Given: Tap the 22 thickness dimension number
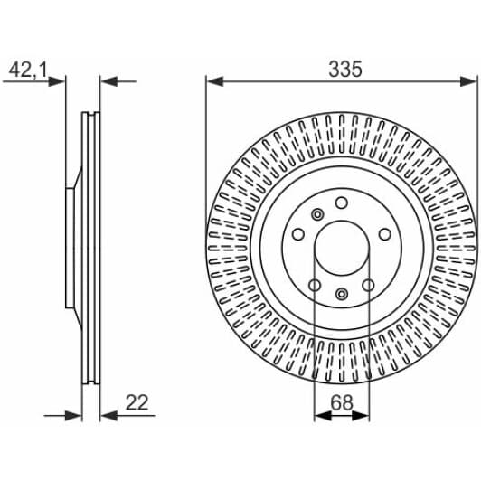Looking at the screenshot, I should pyautogui.click(x=137, y=402).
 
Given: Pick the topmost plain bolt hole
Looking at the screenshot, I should pyautogui.click(x=341, y=203).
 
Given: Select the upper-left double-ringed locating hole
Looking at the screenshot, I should pyautogui.click(x=317, y=214).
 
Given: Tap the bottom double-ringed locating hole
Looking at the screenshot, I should pyautogui.click(x=341, y=293).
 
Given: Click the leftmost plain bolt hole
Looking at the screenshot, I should pyautogui.click(x=298, y=234).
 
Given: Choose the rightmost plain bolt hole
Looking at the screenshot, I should pyautogui.click(x=383, y=234).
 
